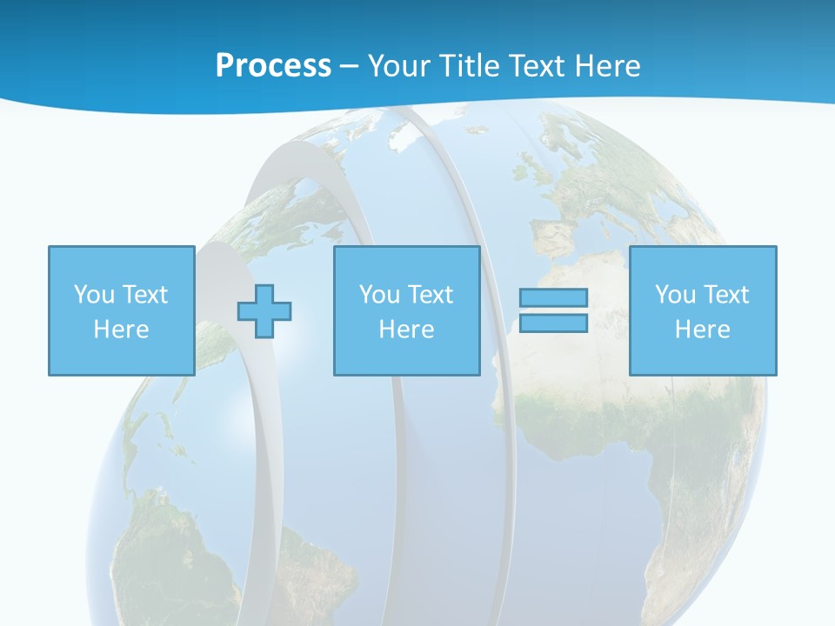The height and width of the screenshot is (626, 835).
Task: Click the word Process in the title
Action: pos(273,65)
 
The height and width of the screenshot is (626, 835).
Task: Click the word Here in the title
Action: pos(608,65)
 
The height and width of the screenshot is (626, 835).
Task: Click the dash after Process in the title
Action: pos(349,67)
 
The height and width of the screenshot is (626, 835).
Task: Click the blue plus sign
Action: pos(264,310)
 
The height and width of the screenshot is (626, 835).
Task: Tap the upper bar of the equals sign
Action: pos(553,298)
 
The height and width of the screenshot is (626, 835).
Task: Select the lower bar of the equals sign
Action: pos(553,323)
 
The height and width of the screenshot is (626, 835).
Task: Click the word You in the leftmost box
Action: pos(94,295)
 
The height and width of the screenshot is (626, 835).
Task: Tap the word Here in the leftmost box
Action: pos(121,330)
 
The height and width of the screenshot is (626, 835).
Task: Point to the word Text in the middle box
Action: pos(431,295)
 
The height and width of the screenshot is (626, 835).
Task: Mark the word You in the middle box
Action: pos(379,295)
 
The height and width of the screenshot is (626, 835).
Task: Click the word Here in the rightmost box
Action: pos(702,330)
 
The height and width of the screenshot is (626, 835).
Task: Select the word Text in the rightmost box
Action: pos(726,295)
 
